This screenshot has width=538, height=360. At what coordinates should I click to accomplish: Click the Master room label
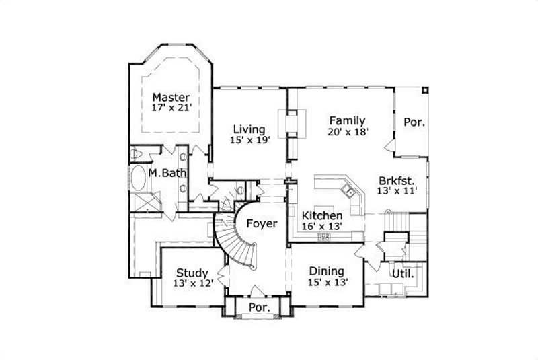pos(170,97)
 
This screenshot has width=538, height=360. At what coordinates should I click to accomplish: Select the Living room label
pos(249,129)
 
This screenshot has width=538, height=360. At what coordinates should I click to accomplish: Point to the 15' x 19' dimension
pos(249,140)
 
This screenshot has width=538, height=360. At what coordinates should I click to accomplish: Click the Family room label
pos(347,120)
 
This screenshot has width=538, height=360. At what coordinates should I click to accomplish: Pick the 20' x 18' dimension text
pos(348,132)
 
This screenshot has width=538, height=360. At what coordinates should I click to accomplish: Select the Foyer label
pos(261,223)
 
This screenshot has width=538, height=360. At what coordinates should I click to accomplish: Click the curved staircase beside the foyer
pos(235,246)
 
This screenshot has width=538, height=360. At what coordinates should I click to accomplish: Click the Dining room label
pos(328,271)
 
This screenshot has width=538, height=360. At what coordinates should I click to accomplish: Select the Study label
pos(192,273)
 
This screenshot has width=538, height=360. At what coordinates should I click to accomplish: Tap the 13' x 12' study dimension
pos(192,284)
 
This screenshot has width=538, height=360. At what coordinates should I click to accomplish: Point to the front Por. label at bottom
pos(260,308)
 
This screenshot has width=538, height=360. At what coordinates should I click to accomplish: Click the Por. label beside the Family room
pos(414,122)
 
